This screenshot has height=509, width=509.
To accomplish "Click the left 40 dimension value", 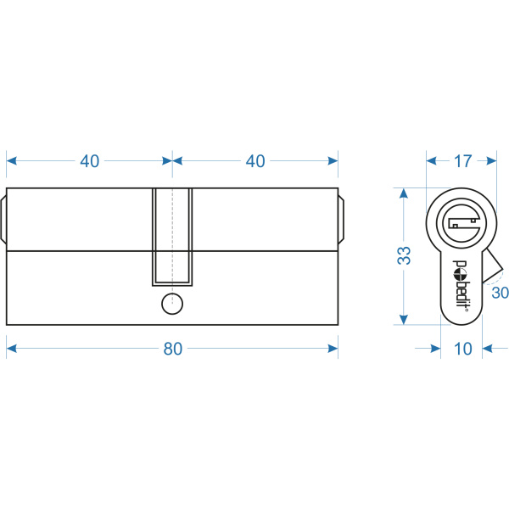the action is click(90, 161).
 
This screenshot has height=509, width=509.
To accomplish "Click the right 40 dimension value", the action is click(255, 161).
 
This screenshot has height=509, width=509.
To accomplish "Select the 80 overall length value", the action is click(173, 349).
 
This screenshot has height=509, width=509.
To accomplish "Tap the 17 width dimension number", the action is click(462, 161).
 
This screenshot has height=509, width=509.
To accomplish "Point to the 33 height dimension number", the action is click(404, 255).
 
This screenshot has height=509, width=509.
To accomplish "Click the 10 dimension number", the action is click(462, 349).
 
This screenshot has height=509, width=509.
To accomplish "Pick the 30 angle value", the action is click(500, 293).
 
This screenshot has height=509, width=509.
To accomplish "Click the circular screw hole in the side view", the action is click(172, 304).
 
